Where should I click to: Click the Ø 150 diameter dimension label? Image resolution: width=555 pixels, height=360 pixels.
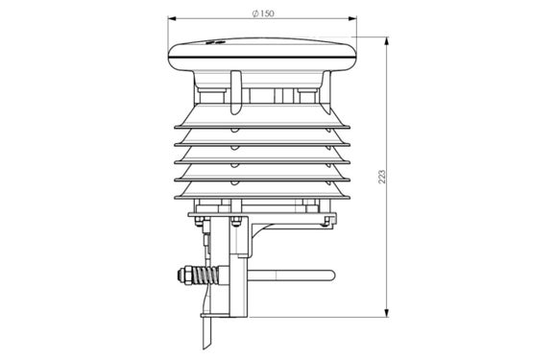point(263,13)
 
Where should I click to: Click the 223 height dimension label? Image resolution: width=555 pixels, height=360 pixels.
point(382,177)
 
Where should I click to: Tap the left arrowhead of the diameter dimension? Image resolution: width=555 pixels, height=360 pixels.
point(172,18)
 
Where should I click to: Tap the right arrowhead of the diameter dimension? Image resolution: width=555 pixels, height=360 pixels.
point(352,18)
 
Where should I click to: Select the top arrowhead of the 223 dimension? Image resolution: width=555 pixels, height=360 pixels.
point(387,40)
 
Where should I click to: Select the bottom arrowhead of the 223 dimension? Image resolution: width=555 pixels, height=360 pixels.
point(387,313)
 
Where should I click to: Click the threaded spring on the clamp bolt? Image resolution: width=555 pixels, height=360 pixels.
point(206,276)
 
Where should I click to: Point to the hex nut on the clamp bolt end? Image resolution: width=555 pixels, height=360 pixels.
point(184,276)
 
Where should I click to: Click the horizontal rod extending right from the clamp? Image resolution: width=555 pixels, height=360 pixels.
point(291,276)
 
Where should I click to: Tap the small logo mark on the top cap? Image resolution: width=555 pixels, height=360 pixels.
point(215,42)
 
